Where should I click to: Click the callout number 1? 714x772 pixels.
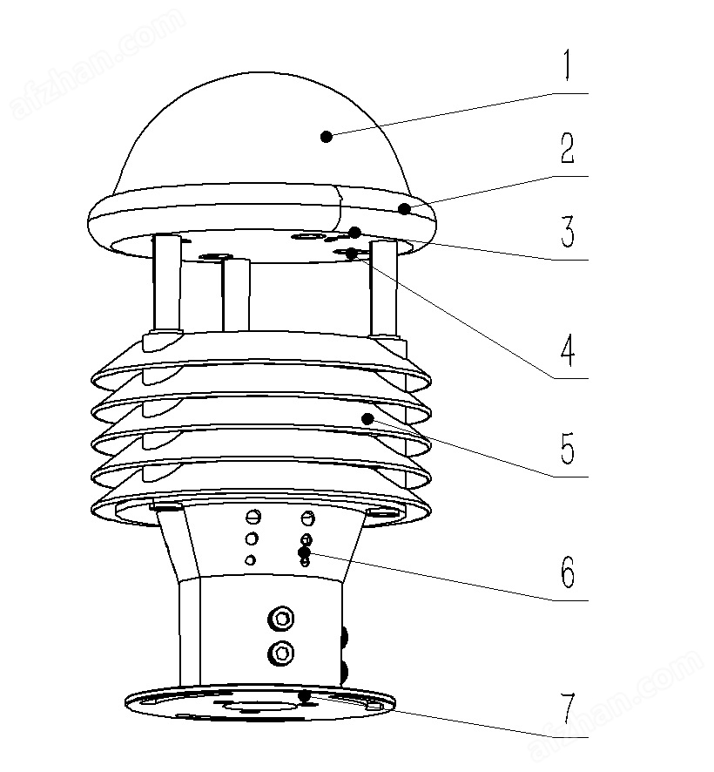pyautogui.click(x=568, y=65)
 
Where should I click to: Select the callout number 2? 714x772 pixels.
pyautogui.click(x=568, y=148)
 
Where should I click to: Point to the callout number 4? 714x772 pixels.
pyautogui.click(x=568, y=350)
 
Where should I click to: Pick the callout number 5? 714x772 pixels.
pyautogui.click(x=568, y=448)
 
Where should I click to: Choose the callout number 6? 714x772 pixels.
pyautogui.click(x=568, y=572)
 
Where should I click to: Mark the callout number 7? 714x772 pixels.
pyautogui.click(x=568, y=708)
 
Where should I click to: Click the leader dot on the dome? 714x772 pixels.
pyautogui.click(x=326, y=137)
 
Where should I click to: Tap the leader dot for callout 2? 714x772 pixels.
pyautogui.click(x=404, y=209)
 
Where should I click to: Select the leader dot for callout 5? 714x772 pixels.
pyautogui.click(x=367, y=419)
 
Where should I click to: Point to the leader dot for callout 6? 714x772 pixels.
pyautogui.click(x=304, y=552)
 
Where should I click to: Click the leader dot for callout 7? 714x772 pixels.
pyautogui.click(x=305, y=696)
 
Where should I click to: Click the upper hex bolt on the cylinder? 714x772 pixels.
pyautogui.click(x=281, y=619)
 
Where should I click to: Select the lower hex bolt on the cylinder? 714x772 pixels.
pyautogui.click(x=281, y=653)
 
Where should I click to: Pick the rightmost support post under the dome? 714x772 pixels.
pyautogui.click(x=383, y=289)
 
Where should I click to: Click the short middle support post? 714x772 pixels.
pyautogui.click(x=236, y=294)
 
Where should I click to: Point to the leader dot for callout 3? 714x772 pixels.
pyautogui.click(x=354, y=233)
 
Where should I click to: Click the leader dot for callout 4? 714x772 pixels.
pyautogui.click(x=352, y=254)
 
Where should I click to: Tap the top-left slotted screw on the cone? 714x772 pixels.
pyautogui.click(x=253, y=517)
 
